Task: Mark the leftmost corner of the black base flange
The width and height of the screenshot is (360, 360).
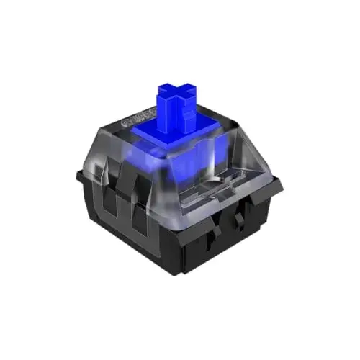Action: point(78,174)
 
